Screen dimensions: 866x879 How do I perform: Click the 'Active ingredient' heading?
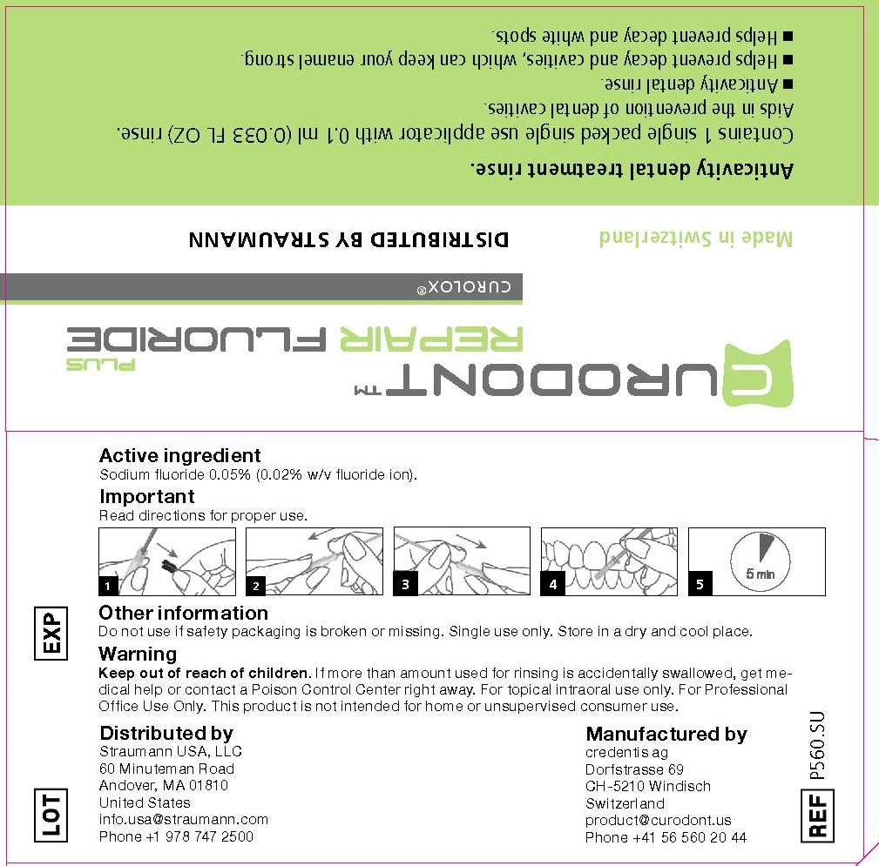(179, 455)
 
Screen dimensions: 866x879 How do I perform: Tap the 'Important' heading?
(146, 496)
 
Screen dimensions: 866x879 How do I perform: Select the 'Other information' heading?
(183, 613)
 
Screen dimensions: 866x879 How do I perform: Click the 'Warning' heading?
(138, 654)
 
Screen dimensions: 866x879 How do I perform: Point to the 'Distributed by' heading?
(166, 733)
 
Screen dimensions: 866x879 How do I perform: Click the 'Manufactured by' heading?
(666, 734)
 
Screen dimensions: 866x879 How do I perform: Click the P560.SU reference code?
(817, 744)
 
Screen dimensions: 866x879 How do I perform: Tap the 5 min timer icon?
(760, 561)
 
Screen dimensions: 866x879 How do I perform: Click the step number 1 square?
(108, 585)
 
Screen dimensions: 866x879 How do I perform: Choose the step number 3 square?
(404, 585)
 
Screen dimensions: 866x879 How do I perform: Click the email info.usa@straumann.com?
(184, 819)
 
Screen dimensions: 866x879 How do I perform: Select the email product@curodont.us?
(659, 820)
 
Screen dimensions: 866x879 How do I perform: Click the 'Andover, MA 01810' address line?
(164, 785)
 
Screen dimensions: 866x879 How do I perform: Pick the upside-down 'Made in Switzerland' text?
(696, 238)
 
